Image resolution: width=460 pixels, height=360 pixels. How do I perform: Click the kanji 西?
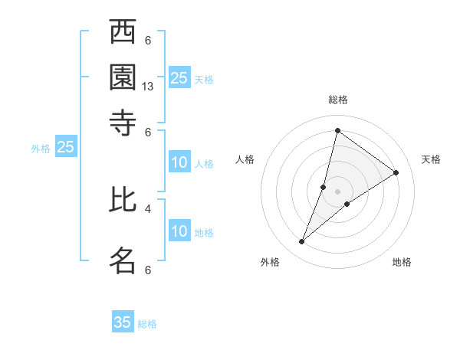point(123,33)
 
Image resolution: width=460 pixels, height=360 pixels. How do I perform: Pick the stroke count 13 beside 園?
point(148,87)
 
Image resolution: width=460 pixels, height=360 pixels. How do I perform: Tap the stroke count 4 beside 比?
point(148,208)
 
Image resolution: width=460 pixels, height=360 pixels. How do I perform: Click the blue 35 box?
point(123,322)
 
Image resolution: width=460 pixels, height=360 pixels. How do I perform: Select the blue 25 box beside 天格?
point(179,77)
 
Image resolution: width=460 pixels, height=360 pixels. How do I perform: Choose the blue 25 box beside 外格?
point(65,147)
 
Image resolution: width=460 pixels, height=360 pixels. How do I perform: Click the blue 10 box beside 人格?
point(179,162)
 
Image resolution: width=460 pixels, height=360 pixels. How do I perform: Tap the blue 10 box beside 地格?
point(179,231)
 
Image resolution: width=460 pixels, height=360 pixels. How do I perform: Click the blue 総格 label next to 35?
point(147,324)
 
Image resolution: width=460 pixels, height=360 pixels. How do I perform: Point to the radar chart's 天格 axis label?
point(431,159)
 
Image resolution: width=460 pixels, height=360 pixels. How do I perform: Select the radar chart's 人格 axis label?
point(245,159)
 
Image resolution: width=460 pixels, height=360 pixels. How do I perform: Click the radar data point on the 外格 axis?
point(302,242)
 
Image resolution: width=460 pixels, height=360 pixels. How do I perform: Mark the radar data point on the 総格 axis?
point(337,130)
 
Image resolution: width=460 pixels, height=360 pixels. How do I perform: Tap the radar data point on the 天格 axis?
point(396,172)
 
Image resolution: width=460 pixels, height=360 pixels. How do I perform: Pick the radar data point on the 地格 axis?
point(347,204)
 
